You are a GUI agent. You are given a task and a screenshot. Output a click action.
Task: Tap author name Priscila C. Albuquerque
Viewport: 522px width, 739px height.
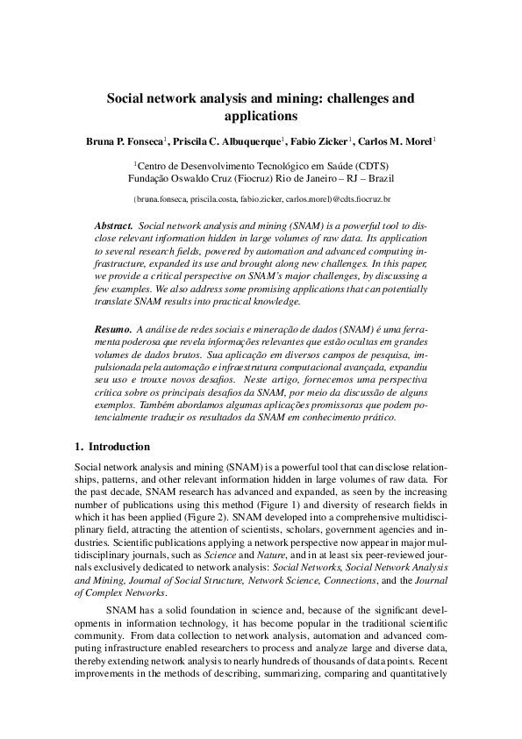click(x=227, y=140)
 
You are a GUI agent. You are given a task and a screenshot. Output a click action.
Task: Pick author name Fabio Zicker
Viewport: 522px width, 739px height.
click(x=320, y=140)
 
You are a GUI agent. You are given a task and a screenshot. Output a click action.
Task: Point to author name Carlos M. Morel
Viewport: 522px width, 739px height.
click(x=397, y=140)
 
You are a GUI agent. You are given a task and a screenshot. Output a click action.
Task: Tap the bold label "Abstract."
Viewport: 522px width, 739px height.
click(x=113, y=226)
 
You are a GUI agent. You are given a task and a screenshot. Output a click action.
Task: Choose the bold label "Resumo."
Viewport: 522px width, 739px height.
click(x=113, y=327)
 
